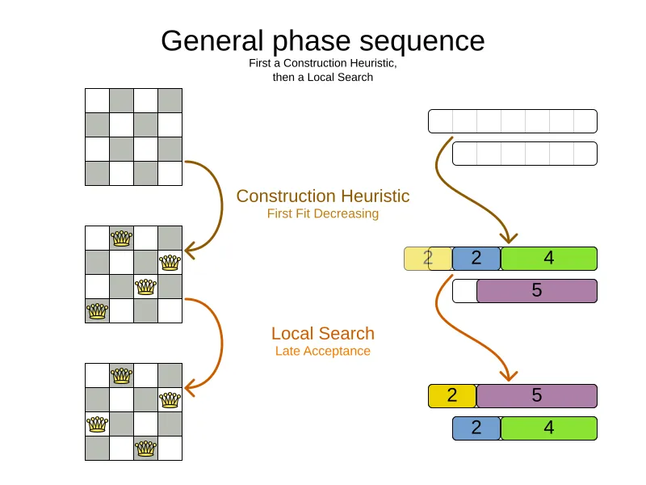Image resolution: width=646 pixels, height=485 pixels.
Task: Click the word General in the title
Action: point(212,40)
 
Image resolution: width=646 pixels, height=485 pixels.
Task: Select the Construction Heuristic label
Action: point(323,196)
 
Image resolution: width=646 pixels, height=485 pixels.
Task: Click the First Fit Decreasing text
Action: point(323,213)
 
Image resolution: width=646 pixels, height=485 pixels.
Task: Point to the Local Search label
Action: point(323,333)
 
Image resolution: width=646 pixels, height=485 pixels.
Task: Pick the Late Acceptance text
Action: point(323,351)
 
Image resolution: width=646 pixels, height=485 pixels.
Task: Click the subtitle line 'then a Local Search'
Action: point(323,77)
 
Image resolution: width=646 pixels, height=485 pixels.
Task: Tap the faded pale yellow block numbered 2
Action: point(428,259)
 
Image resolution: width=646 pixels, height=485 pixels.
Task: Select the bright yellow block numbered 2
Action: point(452,396)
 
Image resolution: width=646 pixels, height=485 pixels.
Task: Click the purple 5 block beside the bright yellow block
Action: point(537,396)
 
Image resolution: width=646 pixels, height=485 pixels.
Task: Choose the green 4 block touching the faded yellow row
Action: point(549,259)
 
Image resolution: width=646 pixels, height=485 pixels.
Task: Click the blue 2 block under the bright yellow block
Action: point(476,428)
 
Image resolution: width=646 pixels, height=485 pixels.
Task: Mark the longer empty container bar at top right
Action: point(513,121)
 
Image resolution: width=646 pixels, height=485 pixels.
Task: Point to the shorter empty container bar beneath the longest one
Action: point(524,154)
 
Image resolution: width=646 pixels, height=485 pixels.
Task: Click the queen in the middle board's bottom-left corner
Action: point(97,310)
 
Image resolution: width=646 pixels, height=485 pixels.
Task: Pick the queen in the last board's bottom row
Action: point(146,449)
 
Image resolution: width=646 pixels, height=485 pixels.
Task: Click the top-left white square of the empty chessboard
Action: point(97,100)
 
